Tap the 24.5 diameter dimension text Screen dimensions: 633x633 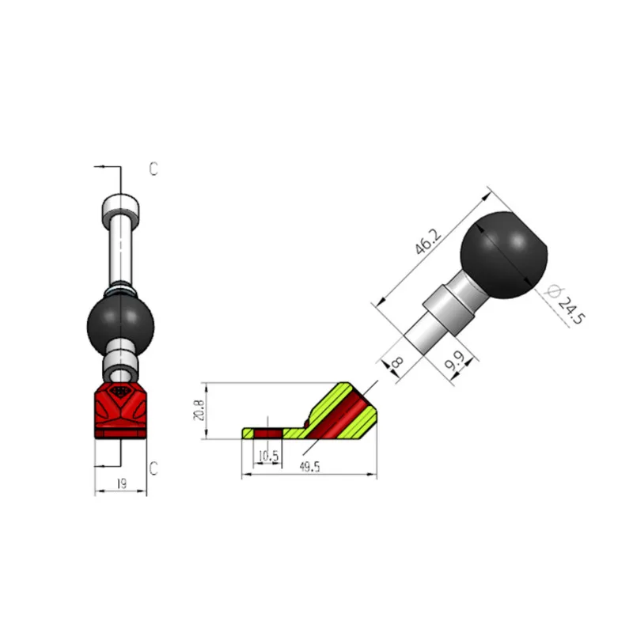(x=570, y=310)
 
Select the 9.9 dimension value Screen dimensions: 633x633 (x=454, y=362)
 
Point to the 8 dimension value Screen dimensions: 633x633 (x=398, y=362)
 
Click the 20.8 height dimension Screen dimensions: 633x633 (x=199, y=410)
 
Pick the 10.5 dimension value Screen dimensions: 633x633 (x=268, y=457)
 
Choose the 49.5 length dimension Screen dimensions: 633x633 (x=309, y=467)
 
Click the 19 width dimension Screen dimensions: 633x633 (x=121, y=483)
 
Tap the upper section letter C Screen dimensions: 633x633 (x=154, y=169)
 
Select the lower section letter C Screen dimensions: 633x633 (x=154, y=468)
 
